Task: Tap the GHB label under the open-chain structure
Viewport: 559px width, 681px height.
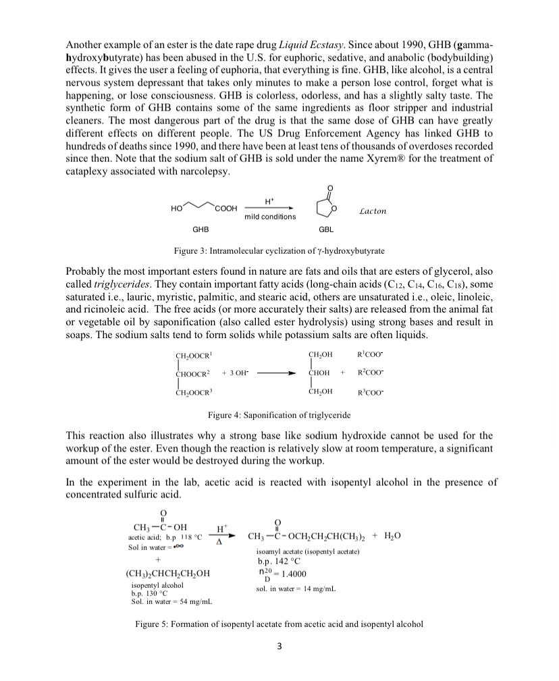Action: (201, 229)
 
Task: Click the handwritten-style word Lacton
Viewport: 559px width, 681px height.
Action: (372, 211)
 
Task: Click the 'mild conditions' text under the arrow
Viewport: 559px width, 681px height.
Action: (269, 217)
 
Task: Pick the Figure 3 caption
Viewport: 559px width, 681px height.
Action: (279, 251)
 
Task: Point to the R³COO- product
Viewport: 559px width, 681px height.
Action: (370, 391)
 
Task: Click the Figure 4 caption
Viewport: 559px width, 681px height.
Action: (279, 414)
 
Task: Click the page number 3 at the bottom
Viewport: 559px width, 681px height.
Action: (279, 646)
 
